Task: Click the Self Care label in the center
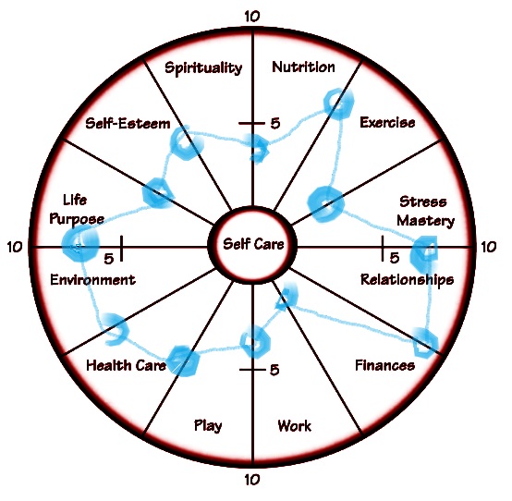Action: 253,244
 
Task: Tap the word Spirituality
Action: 203,68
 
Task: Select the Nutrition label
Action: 303,67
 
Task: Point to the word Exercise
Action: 387,122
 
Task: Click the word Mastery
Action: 425,221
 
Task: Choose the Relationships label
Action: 407,280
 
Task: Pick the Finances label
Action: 384,365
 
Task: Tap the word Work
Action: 294,425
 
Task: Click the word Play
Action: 208,426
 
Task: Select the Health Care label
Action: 126,365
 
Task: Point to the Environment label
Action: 92,280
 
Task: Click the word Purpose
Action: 77,219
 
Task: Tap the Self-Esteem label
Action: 128,124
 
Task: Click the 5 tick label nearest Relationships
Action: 394,258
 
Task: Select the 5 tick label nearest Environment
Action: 109,259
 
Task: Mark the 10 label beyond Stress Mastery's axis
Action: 488,247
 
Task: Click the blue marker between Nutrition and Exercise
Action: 338,104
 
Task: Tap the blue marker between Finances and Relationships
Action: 425,343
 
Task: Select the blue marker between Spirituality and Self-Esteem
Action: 187,142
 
